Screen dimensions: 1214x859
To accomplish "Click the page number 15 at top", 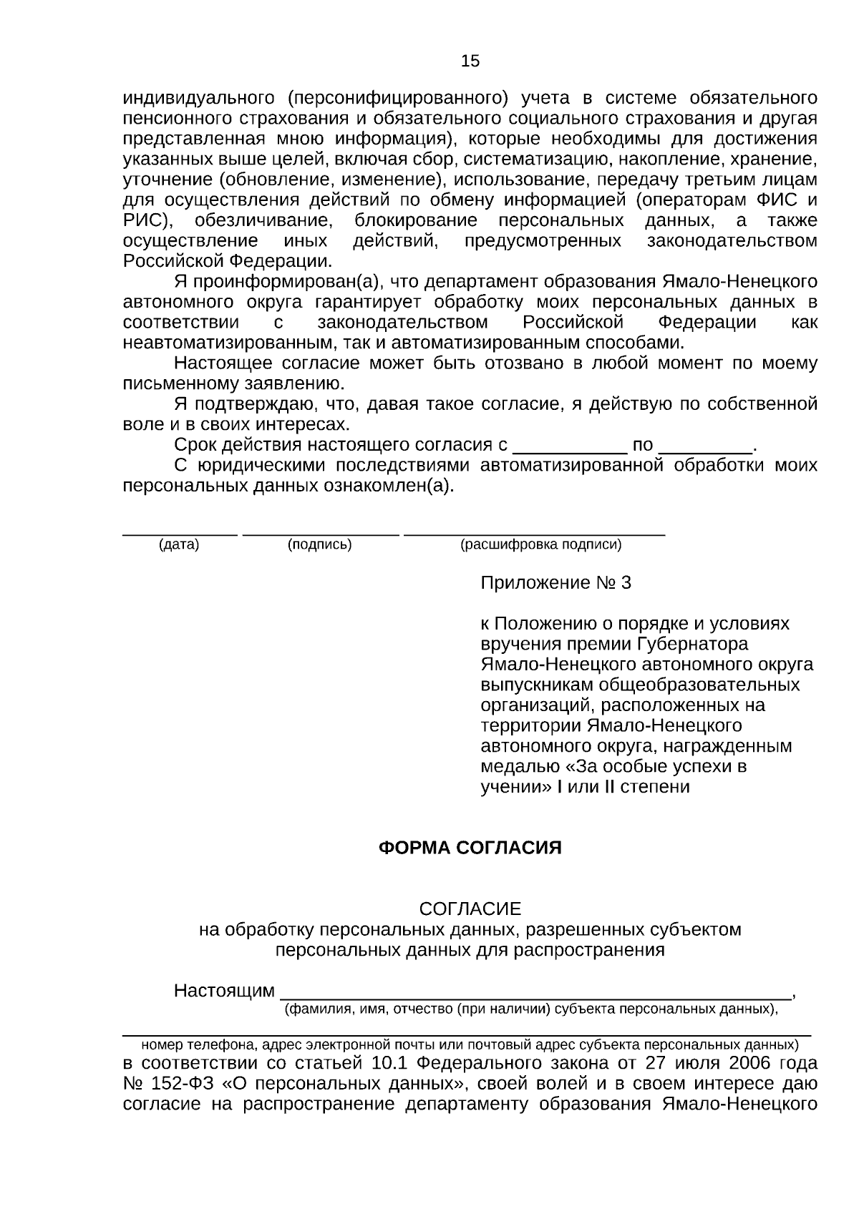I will pyautogui.click(x=470, y=62).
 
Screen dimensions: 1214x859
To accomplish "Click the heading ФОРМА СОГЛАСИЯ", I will pyautogui.click(x=470, y=848).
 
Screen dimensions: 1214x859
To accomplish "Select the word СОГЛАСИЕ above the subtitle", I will pyautogui.click(x=470, y=909).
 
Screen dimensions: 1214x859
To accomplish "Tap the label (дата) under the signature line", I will pyautogui.click(x=179, y=545).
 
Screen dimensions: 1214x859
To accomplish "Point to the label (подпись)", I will pyautogui.click(x=319, y=545).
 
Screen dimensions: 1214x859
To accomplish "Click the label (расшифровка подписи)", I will pyautogui.click(x=540, y=545).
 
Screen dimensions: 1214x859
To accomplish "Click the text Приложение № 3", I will pyautogui.click(x=555, y=583).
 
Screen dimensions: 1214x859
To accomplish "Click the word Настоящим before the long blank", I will pyautogui.click(x=224, y=992).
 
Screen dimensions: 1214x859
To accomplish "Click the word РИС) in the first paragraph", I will pyautogui.click(x=145, y=220).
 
